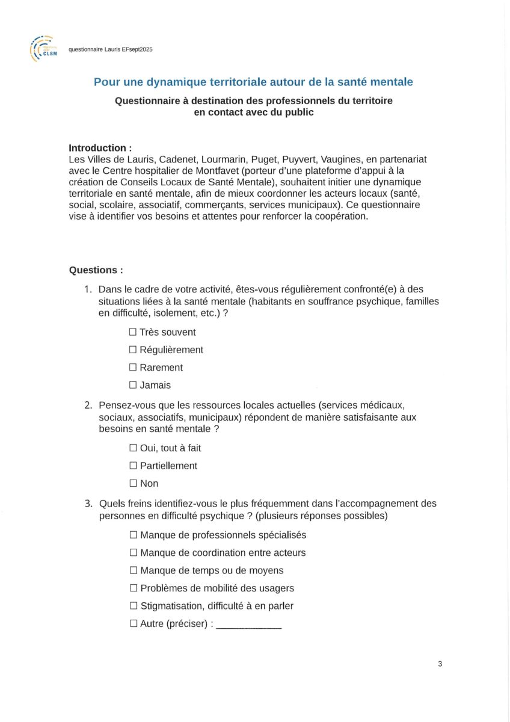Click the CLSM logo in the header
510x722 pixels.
click(x=43, y=49)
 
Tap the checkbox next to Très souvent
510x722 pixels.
click(x=133, y=332)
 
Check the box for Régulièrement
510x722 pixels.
click(x=133, y=350)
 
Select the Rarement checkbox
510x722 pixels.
click(x=133, y=368)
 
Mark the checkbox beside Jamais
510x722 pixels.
click(x=133, y=385)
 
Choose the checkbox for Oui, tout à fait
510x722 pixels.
click(x=133, y=448)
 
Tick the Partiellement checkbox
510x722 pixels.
click(x=133, y=466)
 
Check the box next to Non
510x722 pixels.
click(x=133, y=483)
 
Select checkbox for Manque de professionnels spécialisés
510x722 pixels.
click(x=134, y=535)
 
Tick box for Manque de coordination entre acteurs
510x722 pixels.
click(x=134, y=552)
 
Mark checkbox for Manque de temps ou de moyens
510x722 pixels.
click(x=134, y=570)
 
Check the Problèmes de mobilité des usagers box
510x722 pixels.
click(x=134, y=588)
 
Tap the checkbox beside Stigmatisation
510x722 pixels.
click(x=134, y=606)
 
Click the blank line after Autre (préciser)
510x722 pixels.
click(x=248, y=626)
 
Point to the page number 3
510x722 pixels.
click(x=440, y=664)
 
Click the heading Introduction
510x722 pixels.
click(x=100, y=148)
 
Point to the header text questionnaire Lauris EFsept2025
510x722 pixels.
click(x=111, y=50)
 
